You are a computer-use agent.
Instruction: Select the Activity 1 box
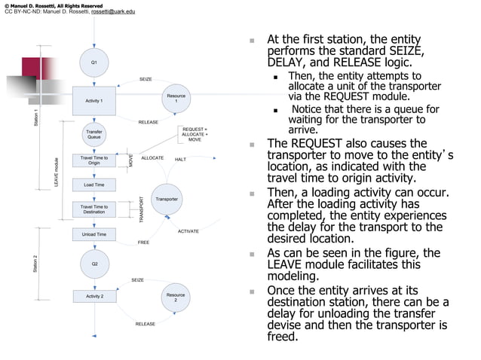pos(94,100)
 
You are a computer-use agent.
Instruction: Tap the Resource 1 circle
pos(176,99)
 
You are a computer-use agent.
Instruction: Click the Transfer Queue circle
pos(94,135)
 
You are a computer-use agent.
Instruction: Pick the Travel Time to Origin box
pos(94,160)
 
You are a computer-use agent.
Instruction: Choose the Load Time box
pos(94,185)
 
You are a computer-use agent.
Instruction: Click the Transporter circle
pos(167,200)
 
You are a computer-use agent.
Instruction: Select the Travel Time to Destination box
pos(94,209)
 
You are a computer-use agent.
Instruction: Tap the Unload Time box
pos(94,235)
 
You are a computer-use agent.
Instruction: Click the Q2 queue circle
pos(94,264)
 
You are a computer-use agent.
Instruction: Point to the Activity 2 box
pos(94,297)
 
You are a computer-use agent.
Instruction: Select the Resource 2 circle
pos(176,297)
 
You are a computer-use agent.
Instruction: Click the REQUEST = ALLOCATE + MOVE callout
pos(195,135)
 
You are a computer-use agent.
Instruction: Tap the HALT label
pos(180,160)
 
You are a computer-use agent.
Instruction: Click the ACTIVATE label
pos(188,231)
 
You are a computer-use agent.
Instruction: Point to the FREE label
pos(143,243)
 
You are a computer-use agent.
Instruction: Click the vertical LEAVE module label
pos(55,172)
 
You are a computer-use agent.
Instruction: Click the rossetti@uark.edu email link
pos(114,12)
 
